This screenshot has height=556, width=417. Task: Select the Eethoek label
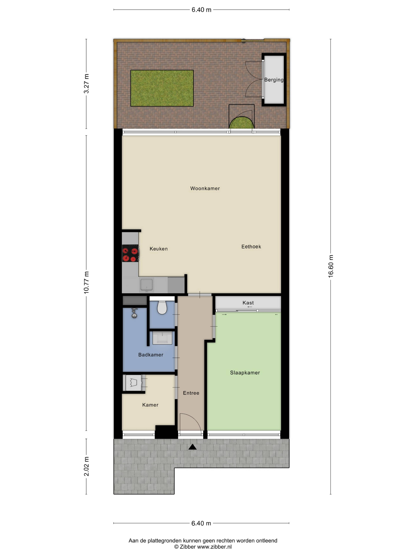click(251, 247)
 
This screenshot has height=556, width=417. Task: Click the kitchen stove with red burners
click(130, 253)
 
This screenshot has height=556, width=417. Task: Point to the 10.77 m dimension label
click(86, 283)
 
